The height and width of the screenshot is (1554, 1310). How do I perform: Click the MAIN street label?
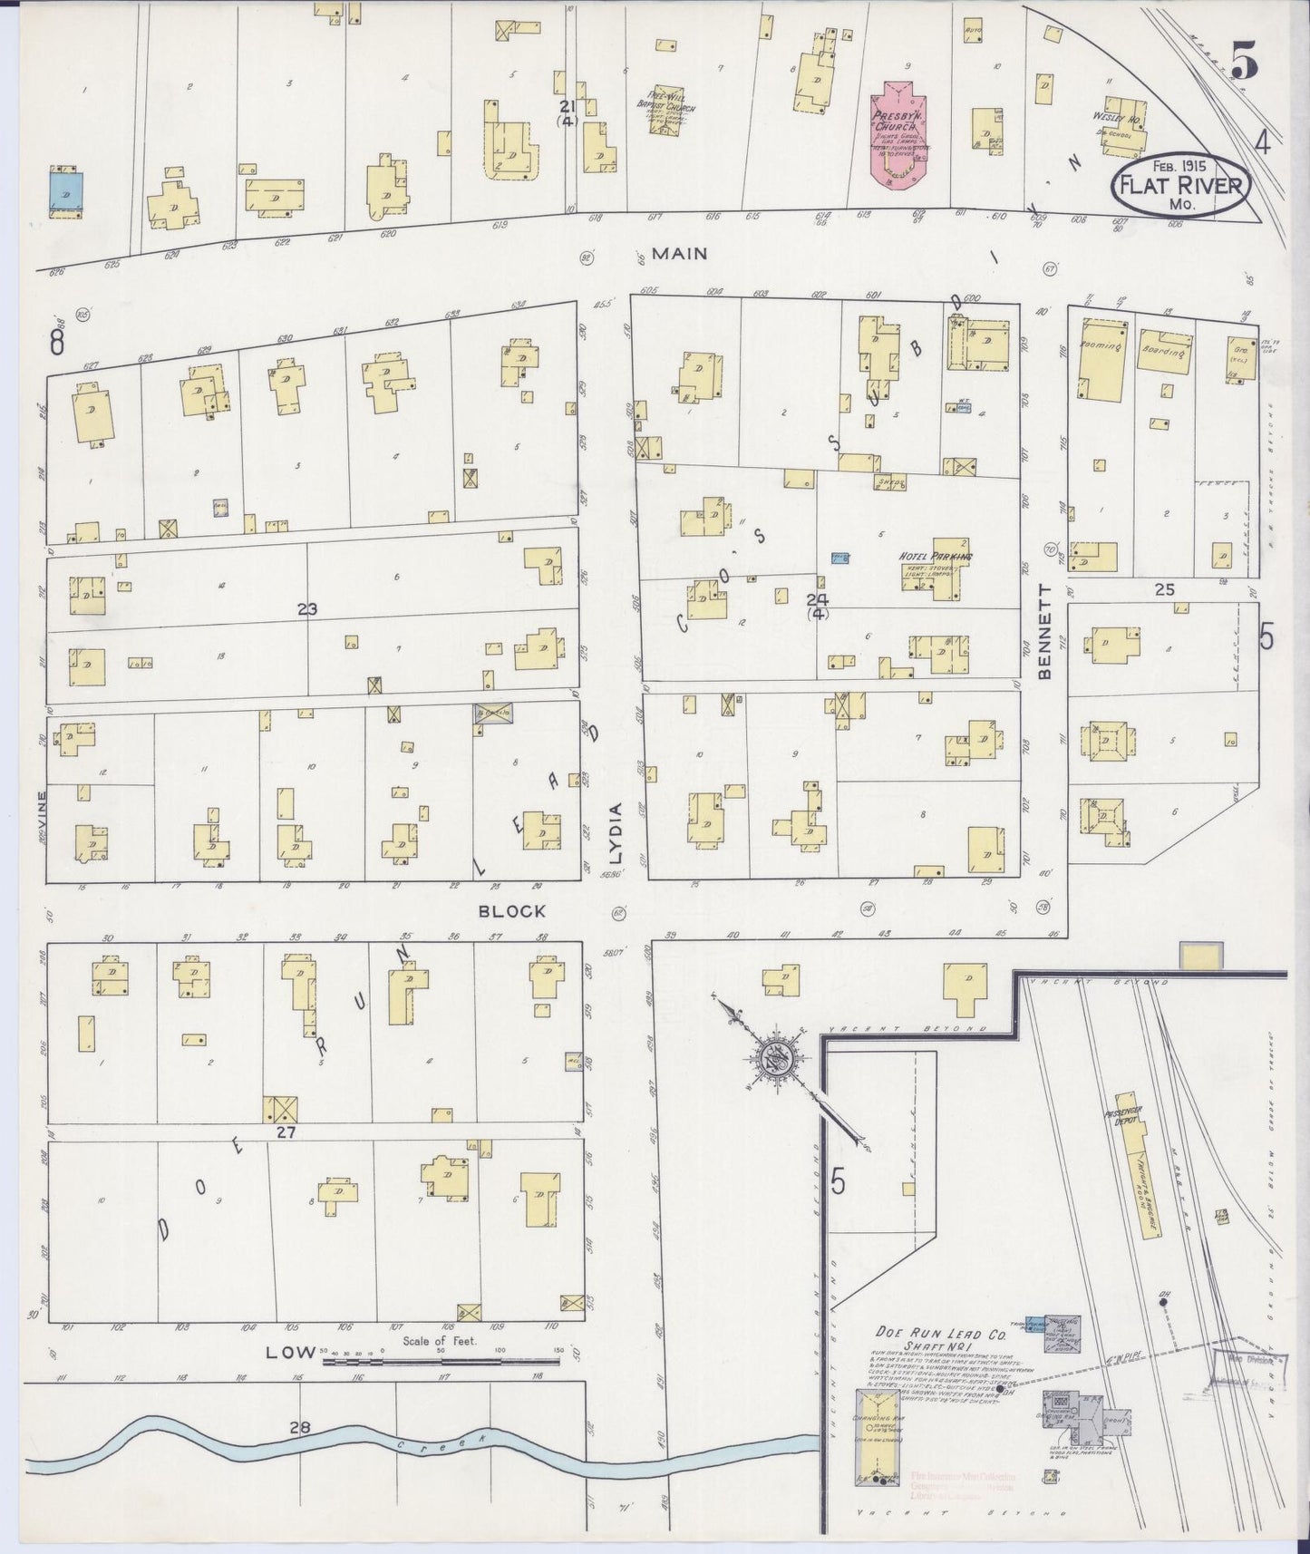click(x=679, y=255)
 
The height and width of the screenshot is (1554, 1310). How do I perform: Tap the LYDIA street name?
click(x=616, y=832)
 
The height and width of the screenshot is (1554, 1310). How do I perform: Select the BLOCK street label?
click(x=513, y=911)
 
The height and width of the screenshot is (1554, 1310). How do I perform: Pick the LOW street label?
click(x=284, y=1353)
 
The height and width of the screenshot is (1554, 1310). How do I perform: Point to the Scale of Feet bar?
click(x=442, y=1360)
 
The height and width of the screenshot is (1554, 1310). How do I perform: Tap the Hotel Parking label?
click(x=935, y=556)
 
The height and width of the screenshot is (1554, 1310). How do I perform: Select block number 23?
click(x=306, y=610)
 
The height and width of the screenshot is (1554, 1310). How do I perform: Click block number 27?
click(x=286, y=1132)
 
